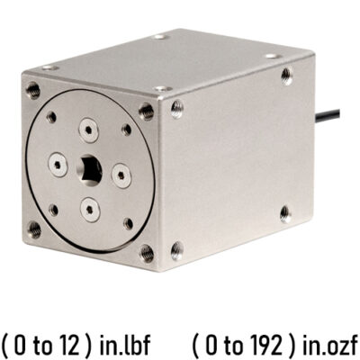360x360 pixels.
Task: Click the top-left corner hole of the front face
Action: pyautogui.click(x=34, y=89)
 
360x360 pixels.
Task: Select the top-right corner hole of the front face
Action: pyautogui.click(x=145, y=112)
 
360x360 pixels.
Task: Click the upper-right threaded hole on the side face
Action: pyautogui.click(x=286, y=76)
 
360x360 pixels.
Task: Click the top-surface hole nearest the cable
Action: pyautogui.click(x=273, y=56)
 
